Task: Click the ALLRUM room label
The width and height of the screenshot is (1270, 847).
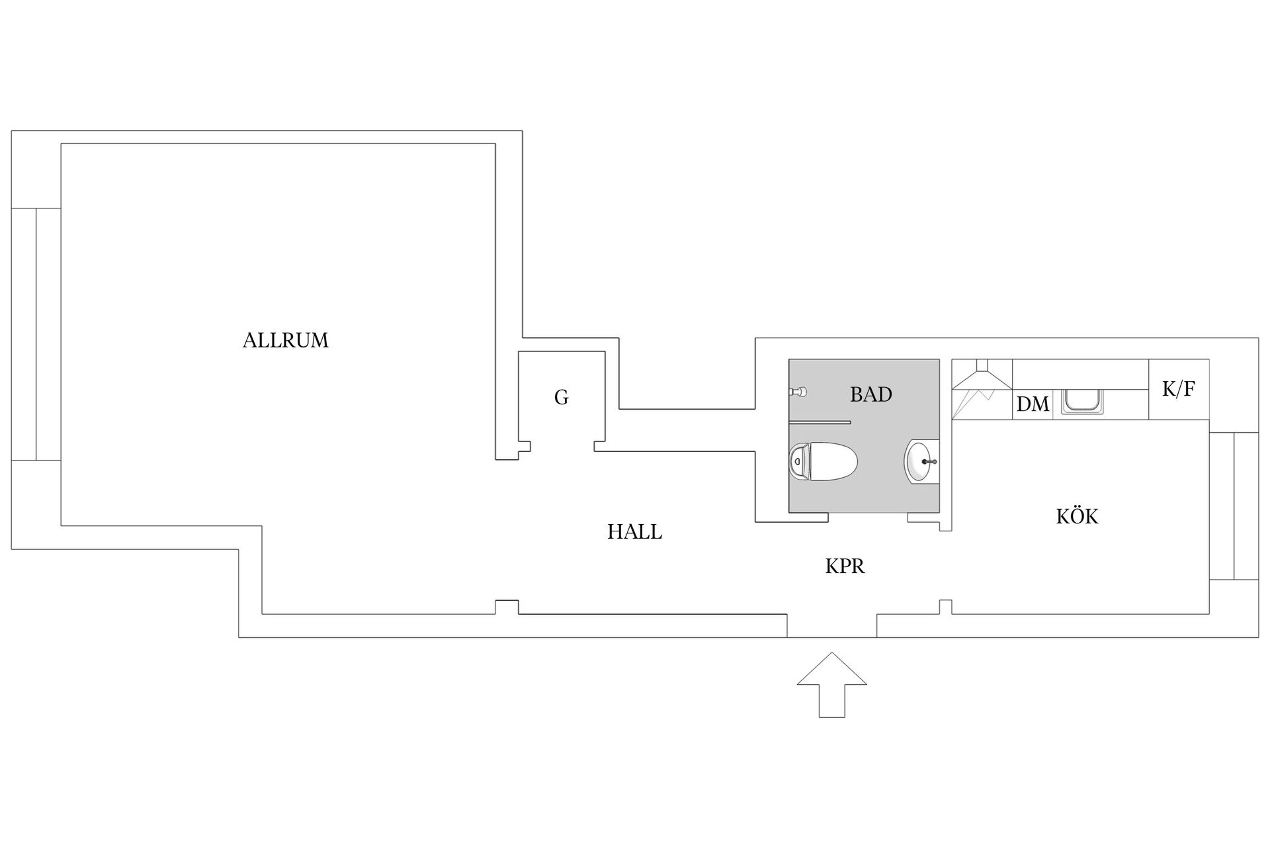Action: click(285, 340)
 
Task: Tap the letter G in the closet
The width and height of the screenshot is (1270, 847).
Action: click(561, 397)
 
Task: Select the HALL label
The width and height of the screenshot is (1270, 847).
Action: click(634, 531)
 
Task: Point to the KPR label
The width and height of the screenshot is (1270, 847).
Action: click(845, 566)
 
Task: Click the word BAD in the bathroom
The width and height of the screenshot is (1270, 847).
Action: click(870, 394)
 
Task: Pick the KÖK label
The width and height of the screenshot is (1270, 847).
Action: click(1077, 515)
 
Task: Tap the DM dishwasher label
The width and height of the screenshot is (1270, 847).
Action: click(1033, 404)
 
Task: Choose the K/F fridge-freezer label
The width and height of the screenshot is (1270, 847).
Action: click(1179, 388)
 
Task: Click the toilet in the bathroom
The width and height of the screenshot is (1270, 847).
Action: click(824, 461)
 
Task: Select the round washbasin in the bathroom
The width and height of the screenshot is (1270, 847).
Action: click(921, 461)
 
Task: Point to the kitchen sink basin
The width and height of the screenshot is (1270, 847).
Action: click(1082, 402)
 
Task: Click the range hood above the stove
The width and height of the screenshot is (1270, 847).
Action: click(982, 375)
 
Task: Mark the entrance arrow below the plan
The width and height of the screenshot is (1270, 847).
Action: click(832, 685)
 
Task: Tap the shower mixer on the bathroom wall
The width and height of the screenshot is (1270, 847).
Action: click(798, 392)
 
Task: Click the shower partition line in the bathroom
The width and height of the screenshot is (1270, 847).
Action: click(820, 422)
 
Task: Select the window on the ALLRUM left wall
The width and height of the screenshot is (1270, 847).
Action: click(36, 334)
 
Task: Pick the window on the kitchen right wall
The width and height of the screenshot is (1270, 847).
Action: click(1234, 506)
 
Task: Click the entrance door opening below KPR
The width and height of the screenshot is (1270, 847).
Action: click(832, 626)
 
